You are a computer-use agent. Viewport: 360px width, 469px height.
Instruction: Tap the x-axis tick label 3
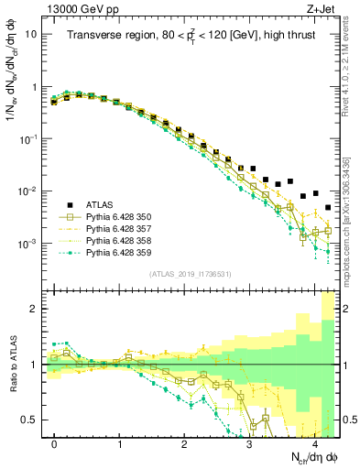point(249,444)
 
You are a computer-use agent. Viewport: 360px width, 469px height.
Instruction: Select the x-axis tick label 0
point(55,444)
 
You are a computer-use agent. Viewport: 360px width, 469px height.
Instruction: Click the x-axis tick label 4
point(314,444)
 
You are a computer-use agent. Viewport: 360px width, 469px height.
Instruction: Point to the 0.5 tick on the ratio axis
point(35,420)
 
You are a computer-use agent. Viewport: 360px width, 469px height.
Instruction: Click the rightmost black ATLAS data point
point(327,208)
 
